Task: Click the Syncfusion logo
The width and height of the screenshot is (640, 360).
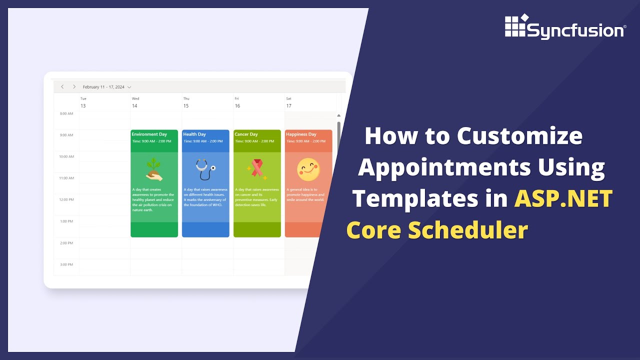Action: point(564,27)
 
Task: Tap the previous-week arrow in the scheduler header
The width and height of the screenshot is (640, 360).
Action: point(62,87)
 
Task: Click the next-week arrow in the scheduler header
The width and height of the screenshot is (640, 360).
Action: point(74,87)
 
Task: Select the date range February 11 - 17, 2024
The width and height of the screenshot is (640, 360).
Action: point(104,87)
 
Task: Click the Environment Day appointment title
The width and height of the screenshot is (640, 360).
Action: point(149,134)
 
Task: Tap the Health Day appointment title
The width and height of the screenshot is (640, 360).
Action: point(194,134)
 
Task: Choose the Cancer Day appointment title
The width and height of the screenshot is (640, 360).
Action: point(246,134)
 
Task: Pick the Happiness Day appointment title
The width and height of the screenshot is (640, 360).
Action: point(301,134)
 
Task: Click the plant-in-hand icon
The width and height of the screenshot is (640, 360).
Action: point(154,169)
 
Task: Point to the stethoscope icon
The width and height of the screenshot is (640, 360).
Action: point(205,169)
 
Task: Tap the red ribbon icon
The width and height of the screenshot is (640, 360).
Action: point(257,169)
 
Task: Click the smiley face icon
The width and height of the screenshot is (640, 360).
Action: point(308,169)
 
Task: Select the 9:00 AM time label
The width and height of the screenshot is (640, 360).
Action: point(66,135)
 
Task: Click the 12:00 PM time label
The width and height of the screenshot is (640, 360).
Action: point(66,199)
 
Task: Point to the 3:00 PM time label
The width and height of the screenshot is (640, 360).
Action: point(66,264)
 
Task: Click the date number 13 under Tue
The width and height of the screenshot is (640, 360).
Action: point(83,106)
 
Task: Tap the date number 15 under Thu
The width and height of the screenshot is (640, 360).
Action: point(186,106)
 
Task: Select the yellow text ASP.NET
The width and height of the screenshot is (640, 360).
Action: point(563,198)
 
